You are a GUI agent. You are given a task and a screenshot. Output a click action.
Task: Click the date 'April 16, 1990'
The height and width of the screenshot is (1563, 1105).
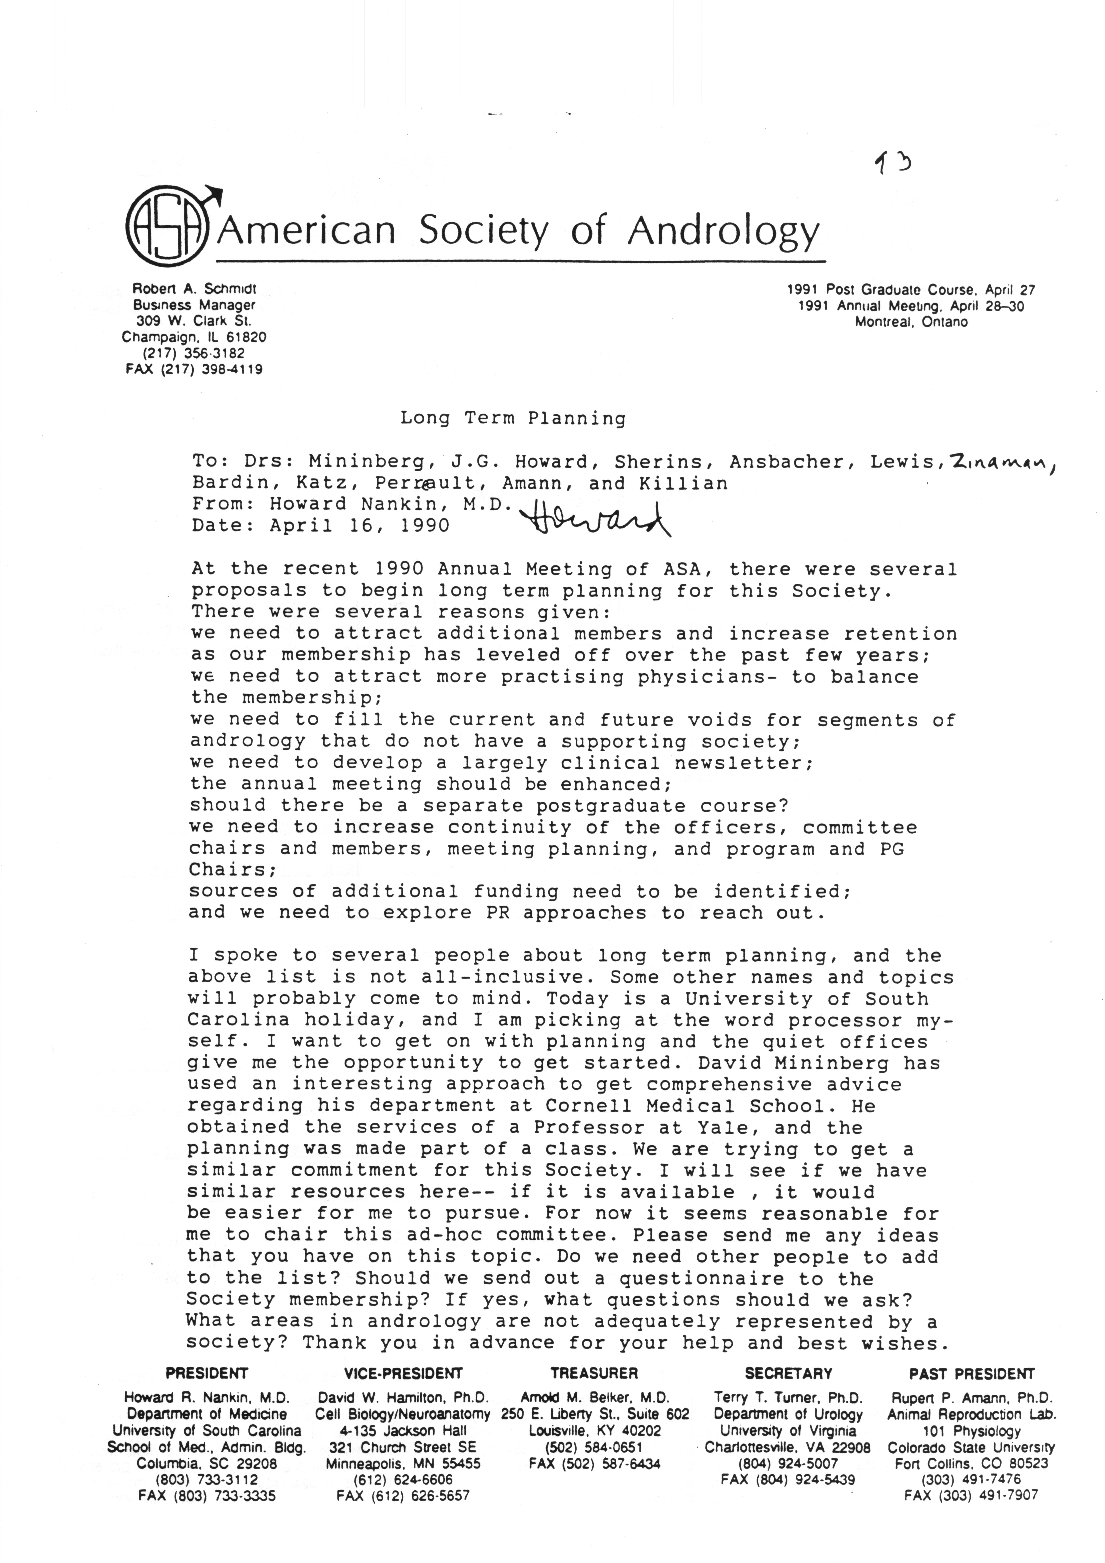pos(359,526)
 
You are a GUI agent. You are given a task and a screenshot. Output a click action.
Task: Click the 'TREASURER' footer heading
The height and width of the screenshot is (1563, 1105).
pos(594,1374)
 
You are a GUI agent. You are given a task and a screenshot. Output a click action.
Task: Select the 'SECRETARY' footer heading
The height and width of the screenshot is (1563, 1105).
pos(788,1374)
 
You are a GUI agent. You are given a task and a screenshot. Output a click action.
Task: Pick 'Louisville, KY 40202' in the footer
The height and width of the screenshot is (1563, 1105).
pos(594,1431)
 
